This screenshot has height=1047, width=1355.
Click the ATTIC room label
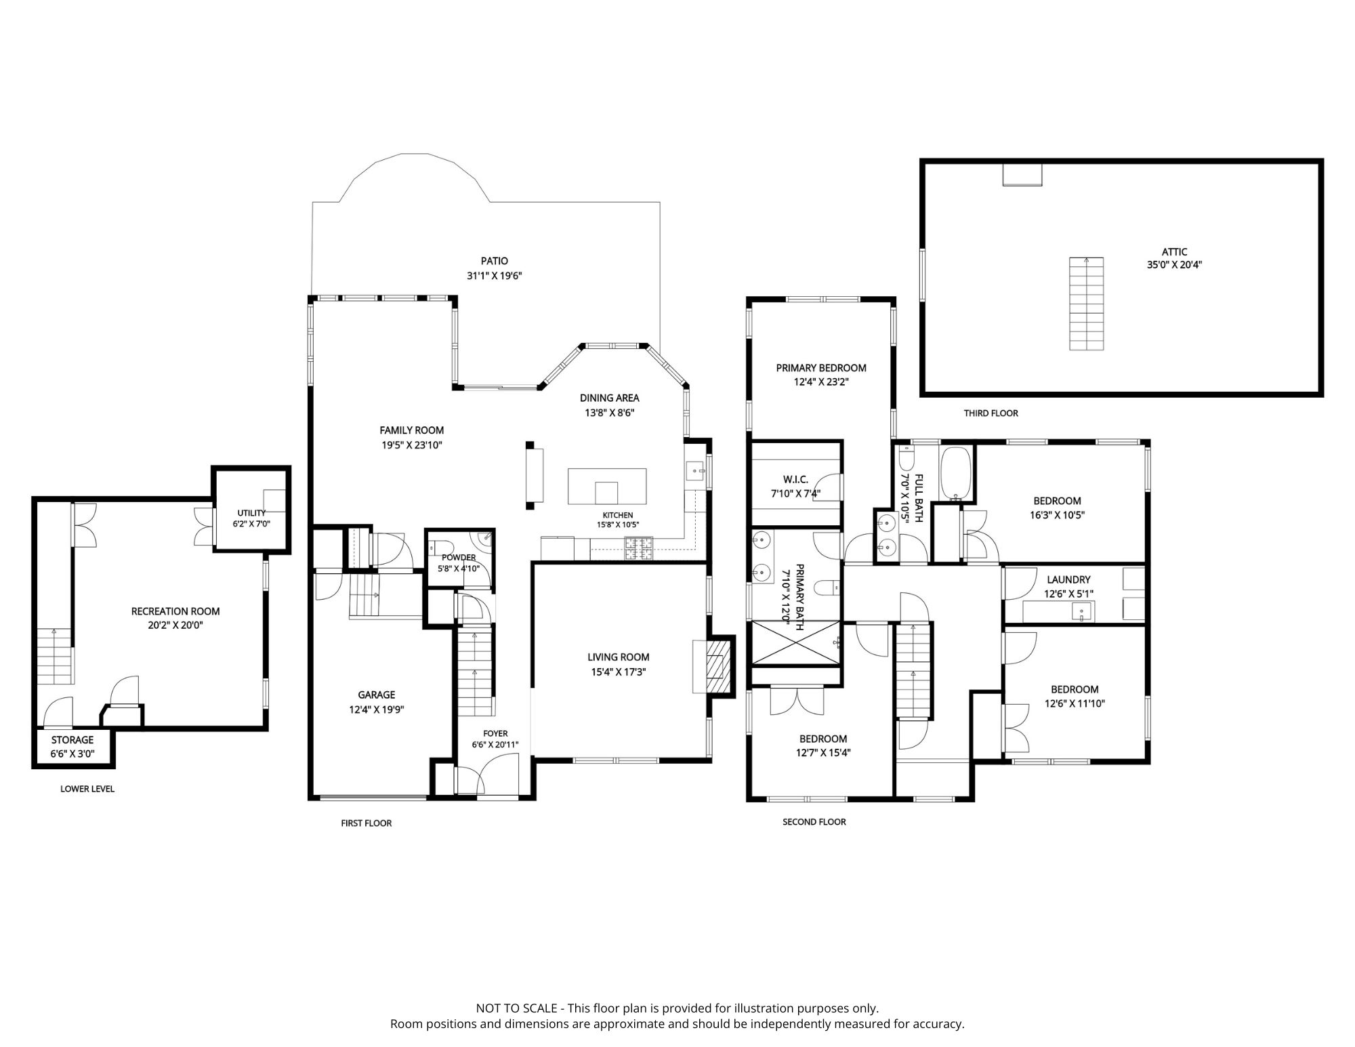[1174, 252]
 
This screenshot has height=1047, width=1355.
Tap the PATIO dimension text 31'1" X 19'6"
[495, 276]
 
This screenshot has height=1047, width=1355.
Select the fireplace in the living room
[714, 666]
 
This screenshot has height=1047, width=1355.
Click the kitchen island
[607, 487]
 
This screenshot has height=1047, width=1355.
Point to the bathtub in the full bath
[955, 474]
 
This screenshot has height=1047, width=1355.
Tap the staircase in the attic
[1087, 304]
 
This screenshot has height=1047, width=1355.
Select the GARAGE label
[377, 695]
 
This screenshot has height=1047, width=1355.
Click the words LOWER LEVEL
[87, 789]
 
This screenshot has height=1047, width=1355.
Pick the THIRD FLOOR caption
[991, 413]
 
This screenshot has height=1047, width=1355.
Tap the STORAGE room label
[72, 740]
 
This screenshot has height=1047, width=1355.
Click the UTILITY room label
[251, 513]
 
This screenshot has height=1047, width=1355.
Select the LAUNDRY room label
[1068, 579]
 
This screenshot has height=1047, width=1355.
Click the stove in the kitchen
[639, 548]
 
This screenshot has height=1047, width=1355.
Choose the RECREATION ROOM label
[175, 611]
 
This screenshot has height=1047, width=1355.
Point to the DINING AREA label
[609, 398]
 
